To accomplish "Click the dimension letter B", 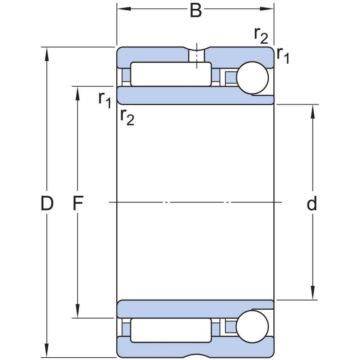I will (196, 10).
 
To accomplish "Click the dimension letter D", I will (47, 204).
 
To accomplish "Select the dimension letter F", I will (78, 204).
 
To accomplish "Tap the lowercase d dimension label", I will (312, 204).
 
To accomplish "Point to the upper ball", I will (252, 78).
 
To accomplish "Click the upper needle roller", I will (171, 74).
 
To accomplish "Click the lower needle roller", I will (171, 330).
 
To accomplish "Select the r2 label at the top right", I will (261, 35).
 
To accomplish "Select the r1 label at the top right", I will (283, 55).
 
